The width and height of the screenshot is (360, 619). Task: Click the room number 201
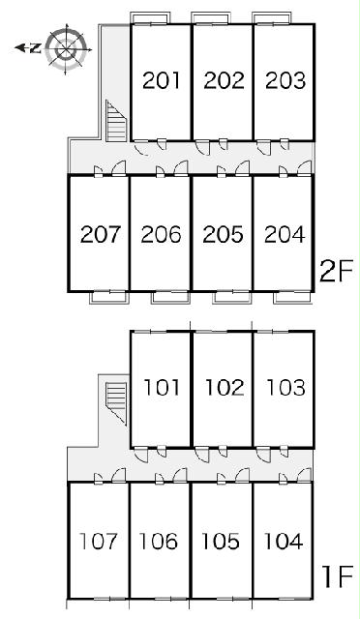(162, 80)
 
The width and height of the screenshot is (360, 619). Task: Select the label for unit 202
(224, 80)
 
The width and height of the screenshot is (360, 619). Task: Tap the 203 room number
(285, 80)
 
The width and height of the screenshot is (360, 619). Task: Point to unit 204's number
(285, 234)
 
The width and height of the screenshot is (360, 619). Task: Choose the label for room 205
(223, 234)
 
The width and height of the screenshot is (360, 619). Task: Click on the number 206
(161, 234)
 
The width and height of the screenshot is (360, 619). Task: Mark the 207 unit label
(100, 234)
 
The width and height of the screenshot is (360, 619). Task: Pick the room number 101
(162, 387)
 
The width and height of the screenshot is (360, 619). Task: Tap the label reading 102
(225, 387)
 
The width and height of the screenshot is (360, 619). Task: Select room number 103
(286, 387)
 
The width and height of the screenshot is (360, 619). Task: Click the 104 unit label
(284, 542)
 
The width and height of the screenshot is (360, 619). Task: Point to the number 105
(221, 542)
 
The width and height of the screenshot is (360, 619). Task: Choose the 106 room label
(158, 542)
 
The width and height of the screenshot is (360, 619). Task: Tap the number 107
(99, 542)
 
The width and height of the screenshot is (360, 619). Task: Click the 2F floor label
(335, 273)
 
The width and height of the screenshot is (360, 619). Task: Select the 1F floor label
(337, 579)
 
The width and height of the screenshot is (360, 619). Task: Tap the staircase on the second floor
(116, 121)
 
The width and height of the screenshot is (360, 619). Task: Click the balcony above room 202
(211, 18)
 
